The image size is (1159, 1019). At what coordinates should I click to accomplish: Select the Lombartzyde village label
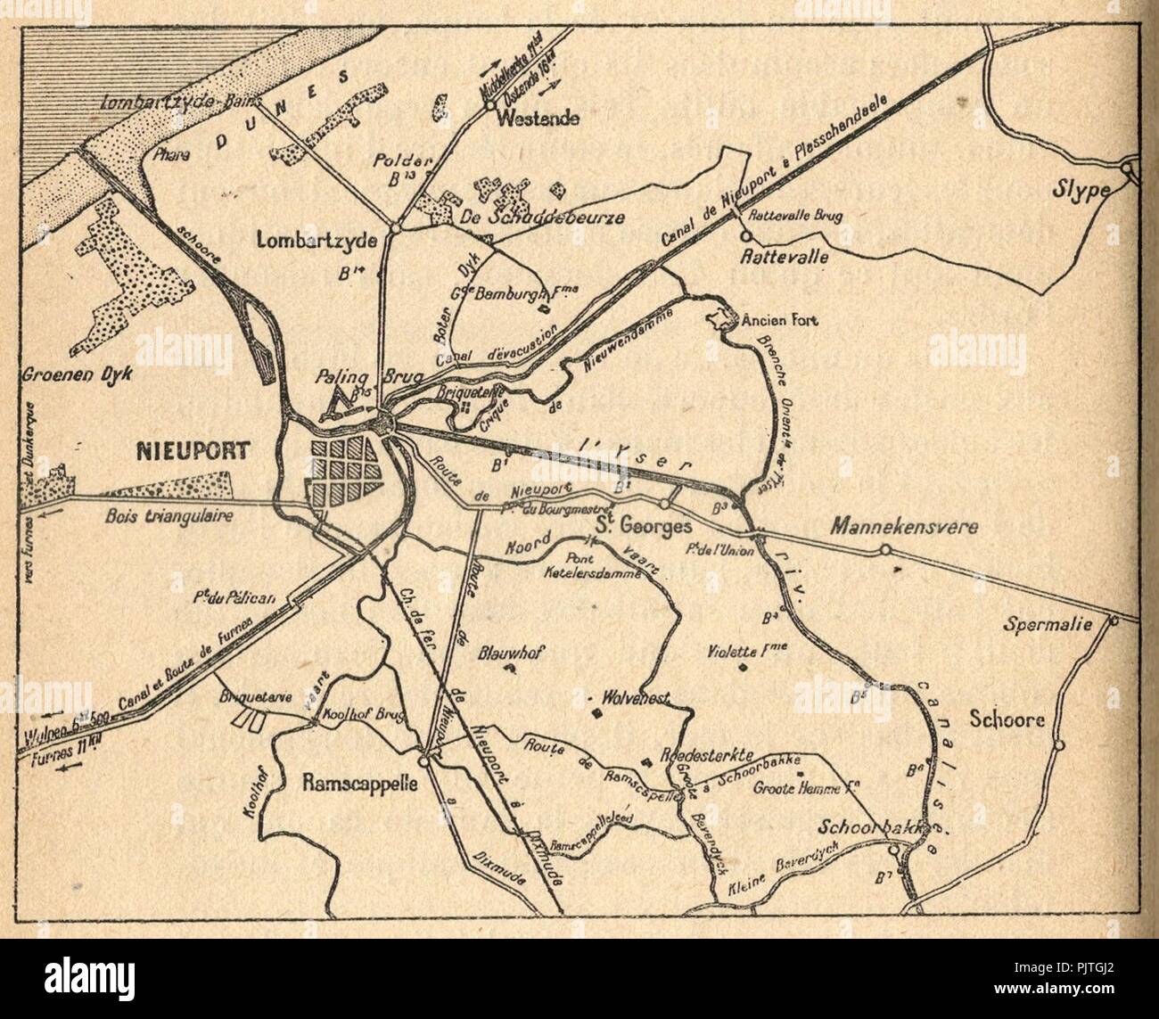310,240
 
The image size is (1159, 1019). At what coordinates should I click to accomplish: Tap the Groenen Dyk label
74,375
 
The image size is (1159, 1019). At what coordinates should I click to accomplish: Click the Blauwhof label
511,650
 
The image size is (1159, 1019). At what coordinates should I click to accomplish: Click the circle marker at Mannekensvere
885,550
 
